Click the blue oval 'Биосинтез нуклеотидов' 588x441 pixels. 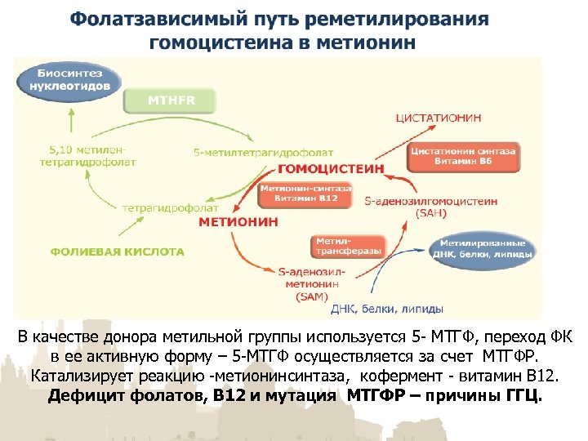coord(70,80)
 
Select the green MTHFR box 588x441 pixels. coord(170,101)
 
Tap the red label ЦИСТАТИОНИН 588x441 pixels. coord(438,118)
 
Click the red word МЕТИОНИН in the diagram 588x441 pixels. coord(238,221)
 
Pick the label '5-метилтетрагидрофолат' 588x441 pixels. coord(243,152)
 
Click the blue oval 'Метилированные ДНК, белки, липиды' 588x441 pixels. coord(486,248)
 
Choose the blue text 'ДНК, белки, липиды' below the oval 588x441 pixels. coord(388,310)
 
